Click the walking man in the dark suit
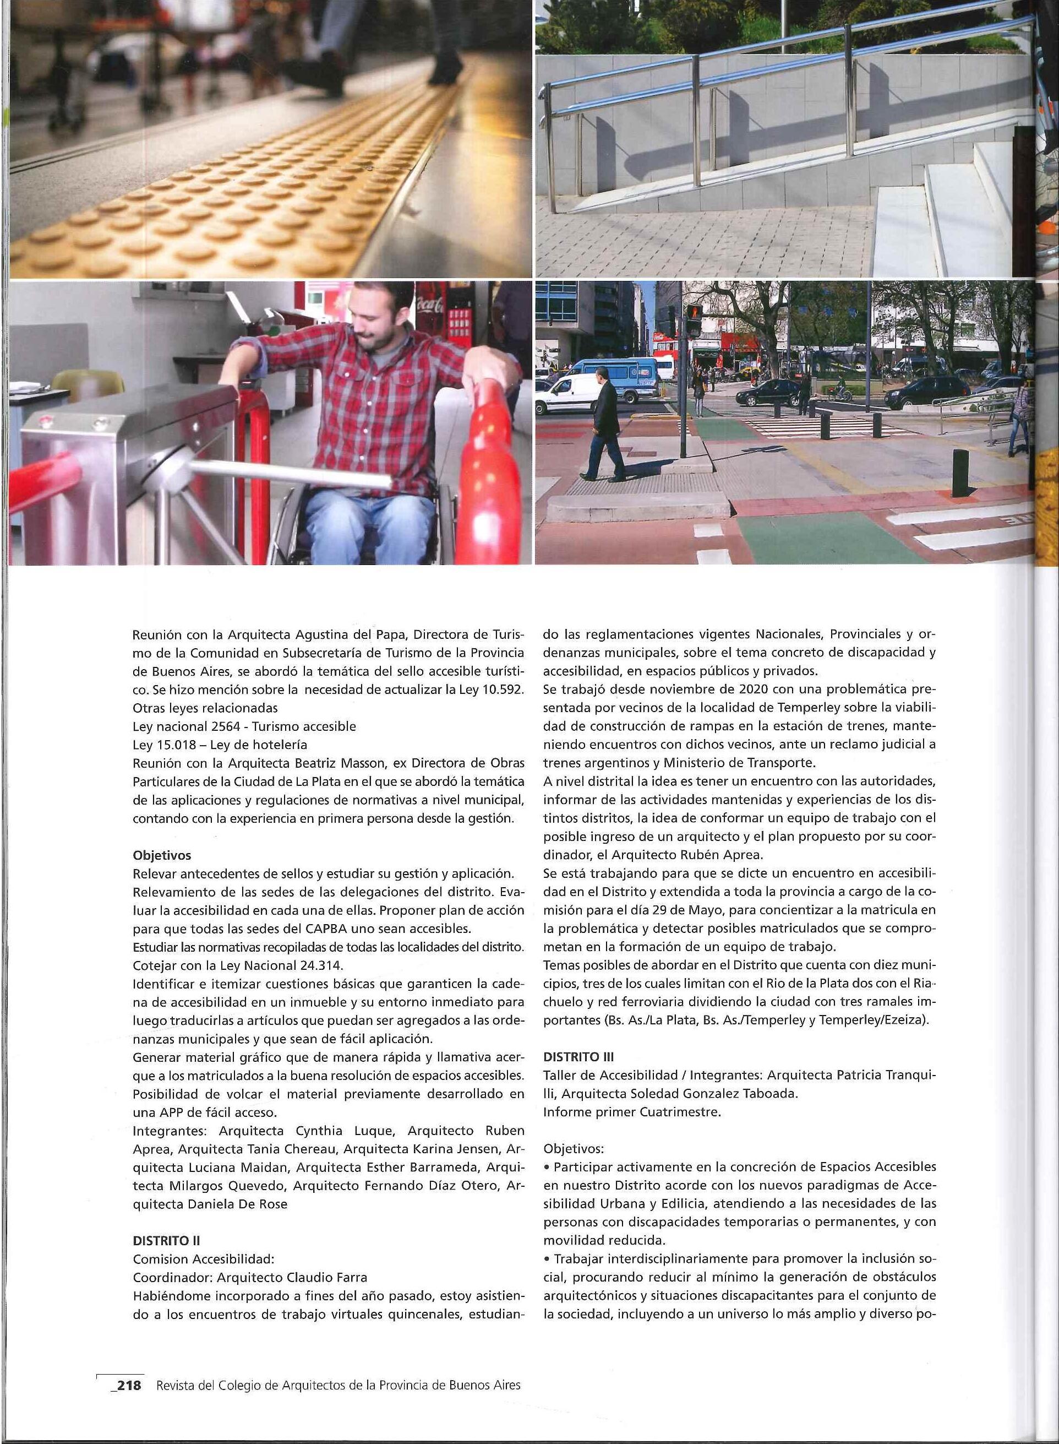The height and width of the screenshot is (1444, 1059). click(604, 425)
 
